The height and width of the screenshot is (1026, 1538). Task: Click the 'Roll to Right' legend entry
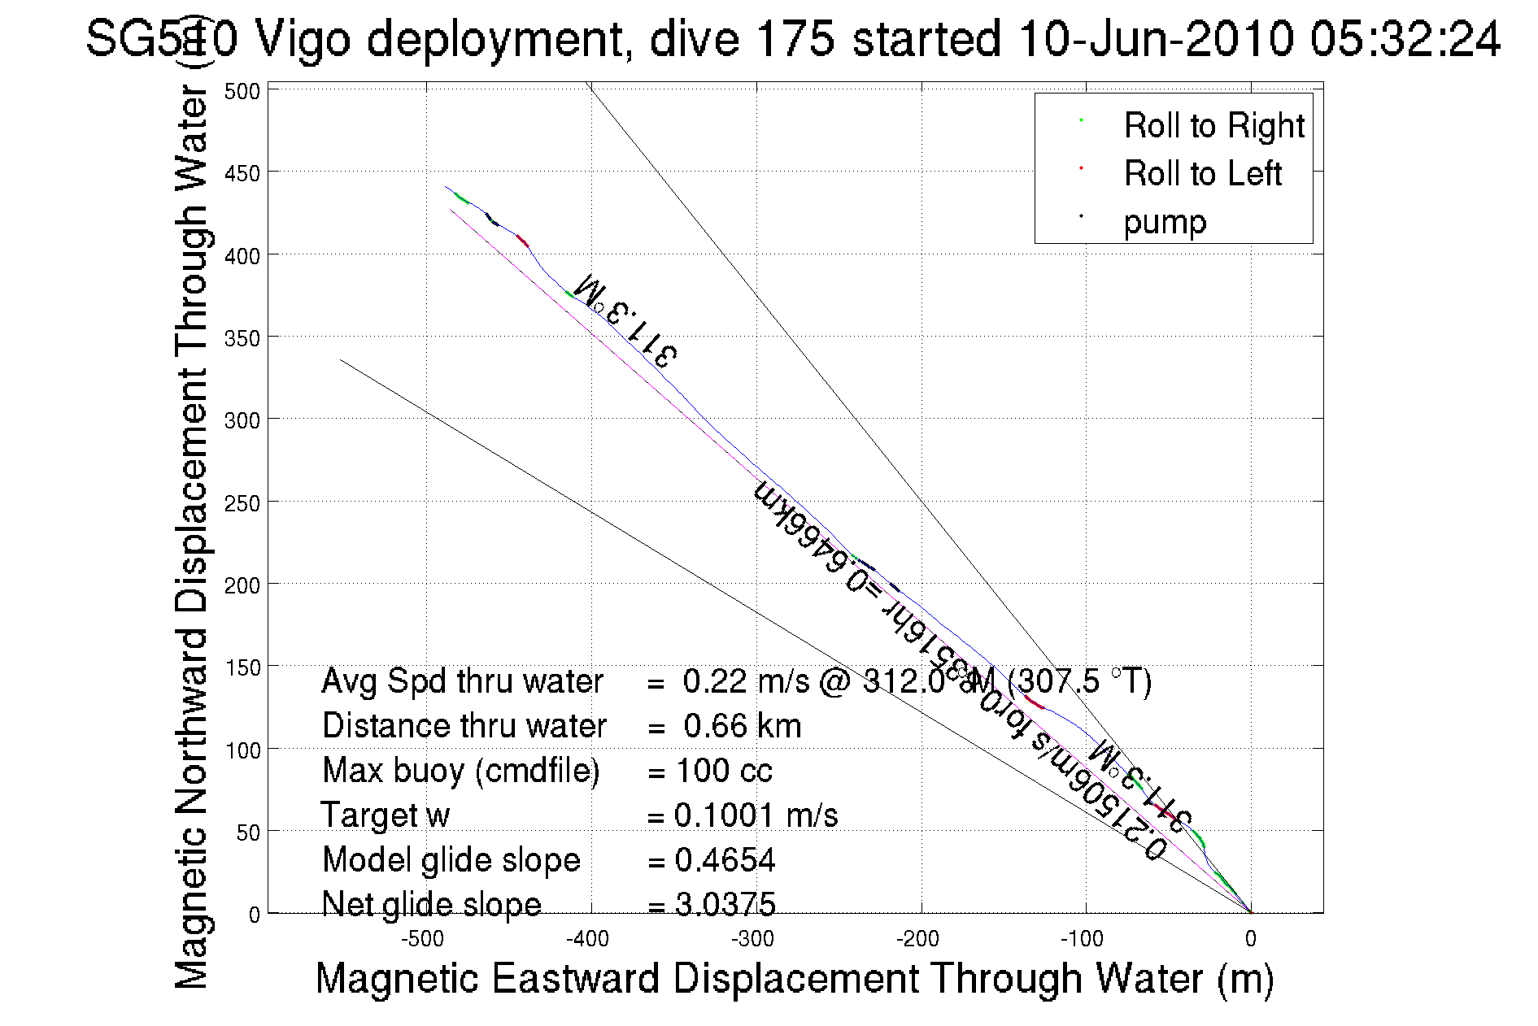click(1213, 126)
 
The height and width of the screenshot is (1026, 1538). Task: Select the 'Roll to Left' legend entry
click(1202, 174)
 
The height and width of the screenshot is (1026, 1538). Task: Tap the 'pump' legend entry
click(1165, 222)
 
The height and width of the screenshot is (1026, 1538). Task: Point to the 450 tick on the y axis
click(242, 173)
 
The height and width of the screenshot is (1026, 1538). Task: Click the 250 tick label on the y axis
click(242, 503)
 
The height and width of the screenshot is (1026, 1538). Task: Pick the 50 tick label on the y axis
click(247, 833)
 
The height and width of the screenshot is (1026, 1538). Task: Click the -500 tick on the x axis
click(423, 940)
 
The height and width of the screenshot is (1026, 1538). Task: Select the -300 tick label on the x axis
click(752, 940)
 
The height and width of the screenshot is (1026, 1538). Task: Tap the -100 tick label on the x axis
click(1082, 940)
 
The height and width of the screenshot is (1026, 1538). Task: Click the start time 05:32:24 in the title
click(1405, 39)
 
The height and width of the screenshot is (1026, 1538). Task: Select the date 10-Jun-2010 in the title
click(1155, 39)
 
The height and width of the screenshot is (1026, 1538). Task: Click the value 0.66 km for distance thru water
click(742, 726)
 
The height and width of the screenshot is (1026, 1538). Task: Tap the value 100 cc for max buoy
click(724, 771)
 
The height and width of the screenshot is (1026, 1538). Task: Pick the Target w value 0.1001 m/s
click(756, 815)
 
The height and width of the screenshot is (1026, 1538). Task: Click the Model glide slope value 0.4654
click(725, 860)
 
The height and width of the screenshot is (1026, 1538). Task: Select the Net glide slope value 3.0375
click(725, 904)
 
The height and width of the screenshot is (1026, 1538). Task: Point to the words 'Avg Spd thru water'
click(462, 681)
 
